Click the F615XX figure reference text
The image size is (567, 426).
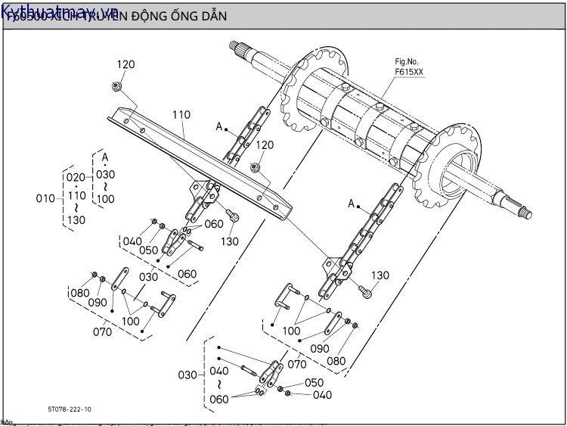click(409, 73)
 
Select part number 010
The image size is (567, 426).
click(45, 198)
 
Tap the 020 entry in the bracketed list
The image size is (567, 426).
click(76, 177)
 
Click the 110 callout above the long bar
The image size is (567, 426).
click(181, 116)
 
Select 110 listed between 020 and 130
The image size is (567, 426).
click(76, 195)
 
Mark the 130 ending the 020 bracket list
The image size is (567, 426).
click(76, 219)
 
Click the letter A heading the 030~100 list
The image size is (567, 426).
click(105, 157)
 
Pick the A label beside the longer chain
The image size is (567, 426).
click(352, 204)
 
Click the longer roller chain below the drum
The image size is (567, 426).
click(363, 235)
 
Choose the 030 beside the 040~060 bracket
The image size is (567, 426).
click(186, 375)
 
